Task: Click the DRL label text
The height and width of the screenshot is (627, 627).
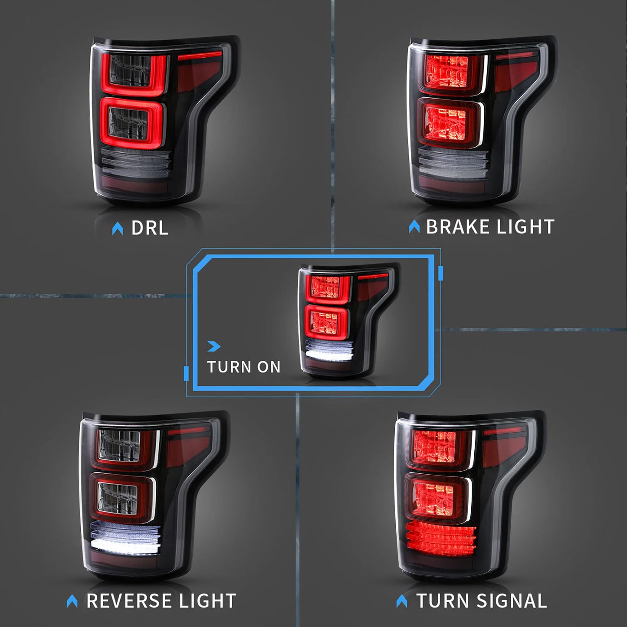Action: pos(149,228)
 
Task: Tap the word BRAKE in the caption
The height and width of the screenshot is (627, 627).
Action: pos(457,227)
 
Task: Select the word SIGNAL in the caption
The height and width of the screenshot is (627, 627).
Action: pos(512,601)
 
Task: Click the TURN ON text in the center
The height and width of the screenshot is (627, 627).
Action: pos(243,367)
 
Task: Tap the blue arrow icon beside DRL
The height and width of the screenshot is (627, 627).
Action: pos(117,229)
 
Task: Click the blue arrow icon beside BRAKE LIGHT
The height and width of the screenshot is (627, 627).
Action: pos(414,227)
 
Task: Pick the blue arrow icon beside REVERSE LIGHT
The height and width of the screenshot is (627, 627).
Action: pos(72,601)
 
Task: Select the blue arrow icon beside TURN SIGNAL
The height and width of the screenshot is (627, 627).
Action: pos(402,601)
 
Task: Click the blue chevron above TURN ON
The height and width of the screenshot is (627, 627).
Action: pos(214,346)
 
